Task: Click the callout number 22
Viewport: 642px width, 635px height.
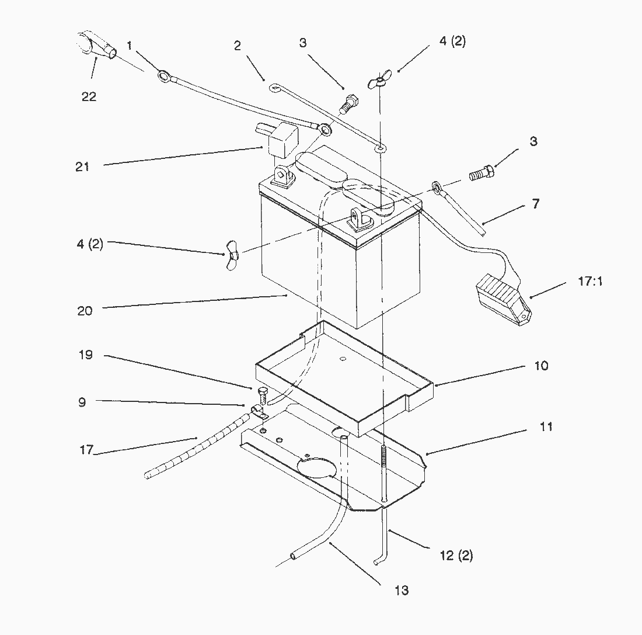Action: tap(89, 97)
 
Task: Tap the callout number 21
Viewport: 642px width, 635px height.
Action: tap(82, 167)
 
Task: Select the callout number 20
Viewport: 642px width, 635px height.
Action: tap(85, 311)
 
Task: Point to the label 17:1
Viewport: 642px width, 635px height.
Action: tap(590, 281)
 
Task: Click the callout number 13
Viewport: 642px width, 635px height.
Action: tap(402, 591)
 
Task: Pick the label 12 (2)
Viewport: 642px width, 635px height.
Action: tap(456, 556)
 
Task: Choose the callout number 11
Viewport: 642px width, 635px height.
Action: tap(546, 427)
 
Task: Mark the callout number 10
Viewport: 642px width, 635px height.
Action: tap(541, 366)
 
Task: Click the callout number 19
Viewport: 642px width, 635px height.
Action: tap(86, 355)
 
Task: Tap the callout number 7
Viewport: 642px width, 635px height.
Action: tap(536, 203)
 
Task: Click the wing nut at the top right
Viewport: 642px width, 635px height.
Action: tap(379, 79)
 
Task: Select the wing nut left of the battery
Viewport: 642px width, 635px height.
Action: tap(231, 256)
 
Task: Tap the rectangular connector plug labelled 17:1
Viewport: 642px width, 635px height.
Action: tap(503, 299)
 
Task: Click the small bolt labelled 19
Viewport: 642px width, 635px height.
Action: tap(261, 395)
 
